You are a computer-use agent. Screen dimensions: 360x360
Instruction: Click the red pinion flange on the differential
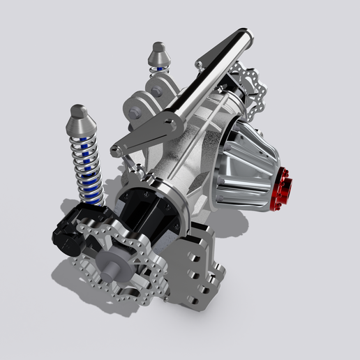click(x=282, y=189)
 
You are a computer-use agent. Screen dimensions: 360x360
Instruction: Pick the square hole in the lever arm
click(x=169, y=126)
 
